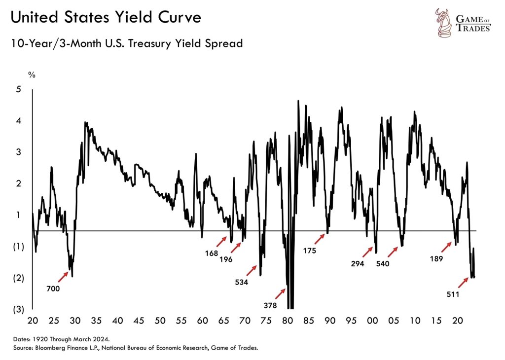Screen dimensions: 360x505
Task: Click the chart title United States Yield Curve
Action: point(106,18)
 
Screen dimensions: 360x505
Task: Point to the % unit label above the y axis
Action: point(32,75)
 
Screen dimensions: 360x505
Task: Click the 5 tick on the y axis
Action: point(18,89)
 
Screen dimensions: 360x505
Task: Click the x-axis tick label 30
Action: point(75,321)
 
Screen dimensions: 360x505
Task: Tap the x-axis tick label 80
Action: point(288,321)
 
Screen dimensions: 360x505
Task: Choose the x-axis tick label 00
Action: point(372,321)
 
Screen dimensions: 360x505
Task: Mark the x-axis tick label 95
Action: point(351,321)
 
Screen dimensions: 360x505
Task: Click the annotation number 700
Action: point(53,289)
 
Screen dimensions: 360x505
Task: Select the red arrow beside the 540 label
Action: point(392,252)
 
